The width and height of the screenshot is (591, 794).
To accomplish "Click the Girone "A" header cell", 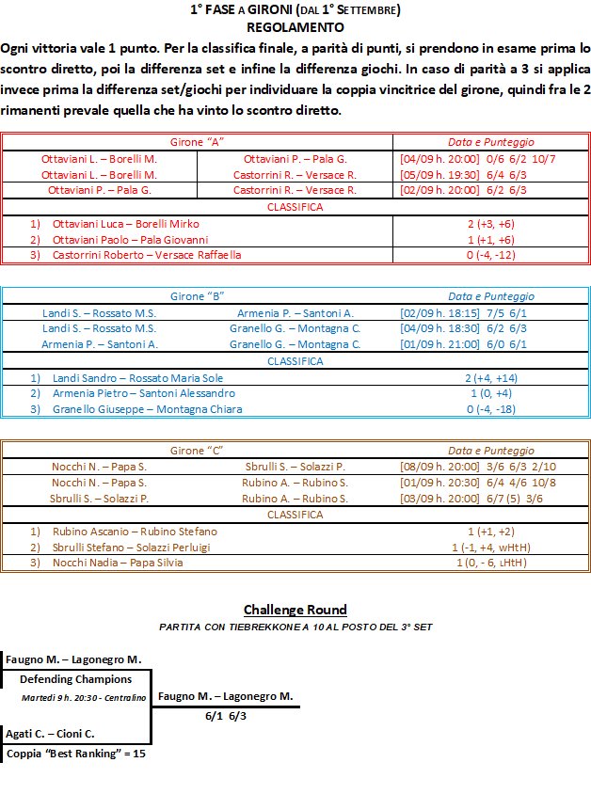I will pyautogui.click(x=197, y=141).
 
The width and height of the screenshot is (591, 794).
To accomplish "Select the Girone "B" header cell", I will pyautogui.click(x=197, y=295).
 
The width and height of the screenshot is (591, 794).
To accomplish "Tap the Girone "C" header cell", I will pyautogui.click(x=197, y=451).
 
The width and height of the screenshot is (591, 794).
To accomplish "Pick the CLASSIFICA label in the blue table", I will pyautogui.click(x=295, y=361).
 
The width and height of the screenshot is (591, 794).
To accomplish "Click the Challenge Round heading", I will pyautogui.click(x=295, y=610).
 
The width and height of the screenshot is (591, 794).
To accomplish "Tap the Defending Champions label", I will pyautogui.click(x=75, y=679).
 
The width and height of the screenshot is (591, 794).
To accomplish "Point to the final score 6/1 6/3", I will pyautogui.click(x=226, y=716).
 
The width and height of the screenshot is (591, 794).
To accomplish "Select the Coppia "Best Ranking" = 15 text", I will pyautogui.click(x=76, y=754).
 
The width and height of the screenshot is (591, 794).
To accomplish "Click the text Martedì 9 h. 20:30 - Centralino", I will pyautogui.click(x=84, y=698).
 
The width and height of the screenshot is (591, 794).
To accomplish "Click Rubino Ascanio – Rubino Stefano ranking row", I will pyautogui.click(x=135, y=532).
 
